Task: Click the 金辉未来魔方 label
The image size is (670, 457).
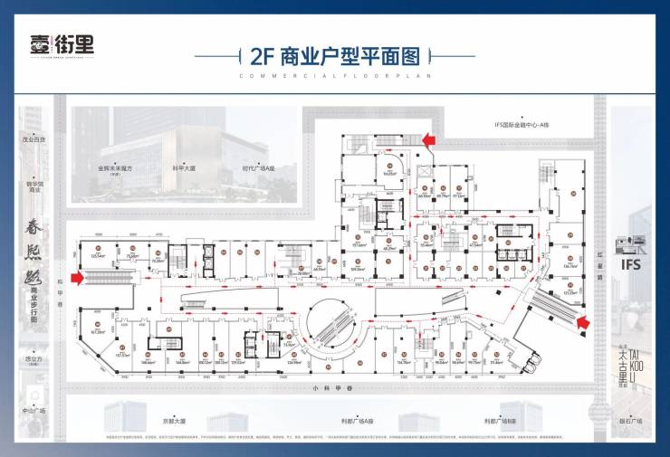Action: pyautogui.click(x=115, y=167)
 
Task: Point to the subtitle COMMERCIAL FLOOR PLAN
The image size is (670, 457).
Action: pyautogui.click(x=334, y=77)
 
